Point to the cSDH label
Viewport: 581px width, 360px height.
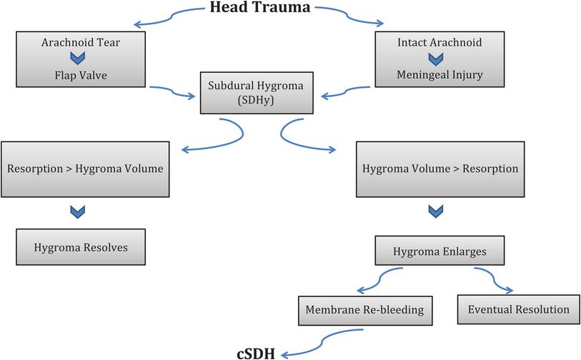257,352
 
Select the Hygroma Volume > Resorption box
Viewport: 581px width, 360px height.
436,170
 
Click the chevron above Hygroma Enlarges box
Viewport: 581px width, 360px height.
435,212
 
